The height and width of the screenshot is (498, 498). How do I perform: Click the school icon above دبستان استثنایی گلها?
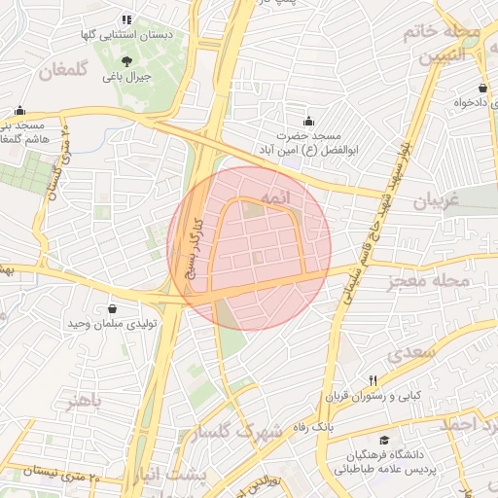point(125,19)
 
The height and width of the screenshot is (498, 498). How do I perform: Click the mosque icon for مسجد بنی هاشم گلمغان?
point(20,111)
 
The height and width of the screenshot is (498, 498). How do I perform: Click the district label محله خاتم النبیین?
point(449,45)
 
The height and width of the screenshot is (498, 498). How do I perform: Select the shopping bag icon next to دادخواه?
point(482,88)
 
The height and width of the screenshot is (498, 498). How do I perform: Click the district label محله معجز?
point(428,281)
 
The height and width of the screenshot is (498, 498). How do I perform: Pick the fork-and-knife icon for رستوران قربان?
point(373,380)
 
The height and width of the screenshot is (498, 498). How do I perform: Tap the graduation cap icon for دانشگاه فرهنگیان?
point(385,440)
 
